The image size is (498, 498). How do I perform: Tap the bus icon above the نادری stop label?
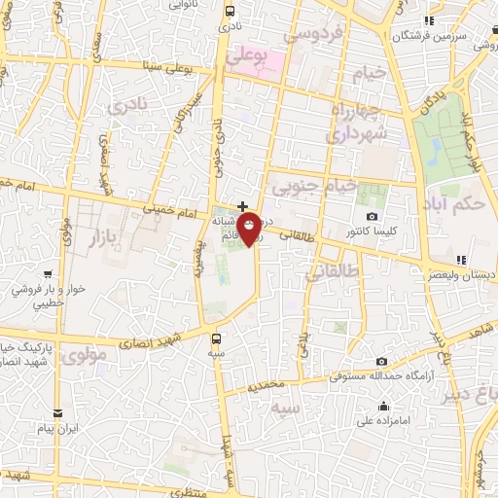pyautogui.click(x=230, y=12)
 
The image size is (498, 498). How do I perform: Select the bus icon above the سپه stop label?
pyautogui.click(x=216, y=339)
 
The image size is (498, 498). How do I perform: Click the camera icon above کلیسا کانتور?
pyautogui.click(x=370, y=216)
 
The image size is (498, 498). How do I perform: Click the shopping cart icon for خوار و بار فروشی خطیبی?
pyautogui.click(x=18, y=276)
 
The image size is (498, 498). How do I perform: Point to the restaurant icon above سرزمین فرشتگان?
pyautogui.click(x=428, y=20)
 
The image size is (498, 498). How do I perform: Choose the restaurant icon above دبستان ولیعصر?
pyautogui.click(x=461, y=260)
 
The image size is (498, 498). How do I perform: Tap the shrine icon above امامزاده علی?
pyautogui.click(x=386, y=407)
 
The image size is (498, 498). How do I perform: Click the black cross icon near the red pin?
pyautogui.click(x=242, y=205)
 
